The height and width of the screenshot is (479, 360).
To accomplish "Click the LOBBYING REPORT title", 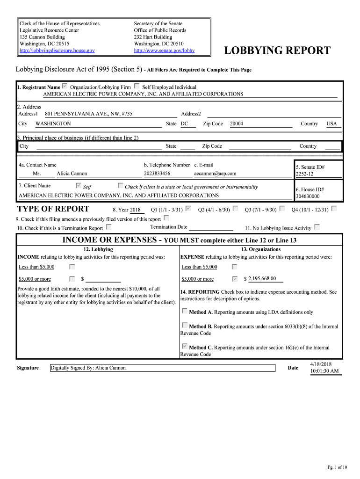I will click(x=277, y=51).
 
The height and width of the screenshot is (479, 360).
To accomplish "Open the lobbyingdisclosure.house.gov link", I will click(x=57, y=50).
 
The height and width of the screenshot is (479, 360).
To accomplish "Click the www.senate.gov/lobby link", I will click(x=164, y=50).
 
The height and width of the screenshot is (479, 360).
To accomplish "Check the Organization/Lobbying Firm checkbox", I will click(x=65, y=87).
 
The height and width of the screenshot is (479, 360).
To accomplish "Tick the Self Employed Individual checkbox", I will click(x=137, y=87).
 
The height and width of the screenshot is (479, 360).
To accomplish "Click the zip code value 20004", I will click(x=237, y=123).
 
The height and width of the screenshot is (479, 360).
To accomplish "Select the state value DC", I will click(x=184, y=123).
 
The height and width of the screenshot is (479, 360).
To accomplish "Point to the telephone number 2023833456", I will click(x=157, y=174).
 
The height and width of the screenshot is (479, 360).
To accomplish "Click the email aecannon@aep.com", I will click(x=215, y=174).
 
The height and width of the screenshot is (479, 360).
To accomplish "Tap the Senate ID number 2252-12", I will click(x=304, y=174).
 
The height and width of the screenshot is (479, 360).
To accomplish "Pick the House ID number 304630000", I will click(x=308, y=196).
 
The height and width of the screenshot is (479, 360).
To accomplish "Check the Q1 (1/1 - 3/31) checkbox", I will click(x=188, y=209).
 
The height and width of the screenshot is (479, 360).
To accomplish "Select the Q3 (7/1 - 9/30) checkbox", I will click(x=282, y=209).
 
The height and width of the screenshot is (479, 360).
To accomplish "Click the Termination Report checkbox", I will click(x=108, y=227).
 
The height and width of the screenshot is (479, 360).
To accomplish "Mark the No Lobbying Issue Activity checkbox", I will click(x=317, y=227).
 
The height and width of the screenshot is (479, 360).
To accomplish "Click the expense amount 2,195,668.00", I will click(x=262, y=278).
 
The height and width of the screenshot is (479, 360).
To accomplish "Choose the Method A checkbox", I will click(x=185, y=311).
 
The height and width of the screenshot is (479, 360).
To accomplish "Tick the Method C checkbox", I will click(x=185, y=347).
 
